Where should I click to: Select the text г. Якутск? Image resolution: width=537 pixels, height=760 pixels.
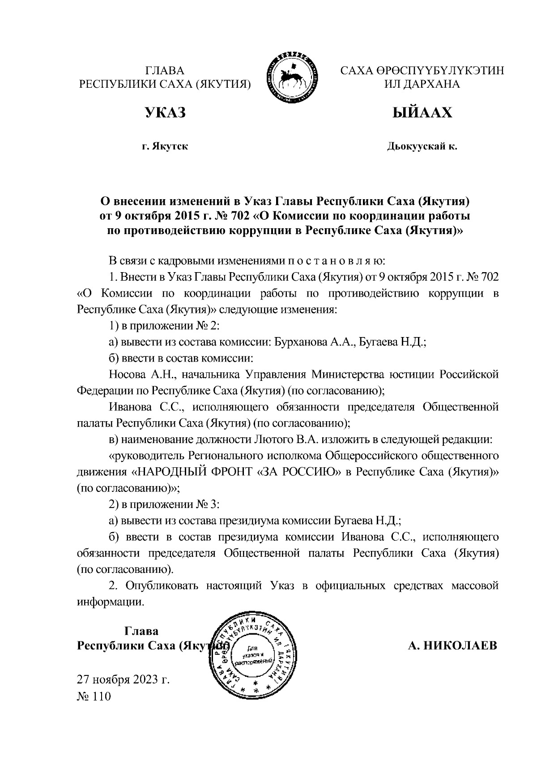[165, 146]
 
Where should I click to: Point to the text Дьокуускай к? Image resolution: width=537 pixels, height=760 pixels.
[422, 146]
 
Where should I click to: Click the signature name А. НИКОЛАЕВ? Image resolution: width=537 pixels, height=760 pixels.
[452, 646]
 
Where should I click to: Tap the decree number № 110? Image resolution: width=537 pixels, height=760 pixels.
[94, 697]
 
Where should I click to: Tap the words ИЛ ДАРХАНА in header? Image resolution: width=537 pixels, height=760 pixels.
[422, 84]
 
